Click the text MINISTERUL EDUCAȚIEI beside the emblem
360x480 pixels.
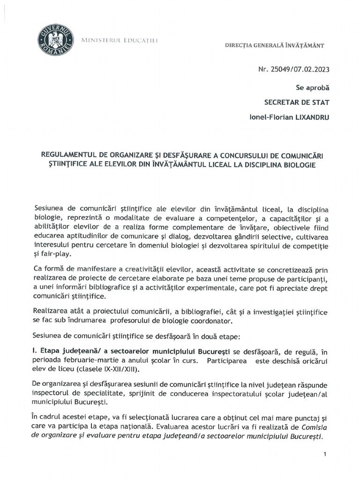(x=120, y=41)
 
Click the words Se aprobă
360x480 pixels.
(x=313, y=87)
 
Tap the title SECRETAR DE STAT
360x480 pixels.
(x=297, y=102)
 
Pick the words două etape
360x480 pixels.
(x=222, y=336)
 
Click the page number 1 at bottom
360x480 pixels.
(x=325, y=455)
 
